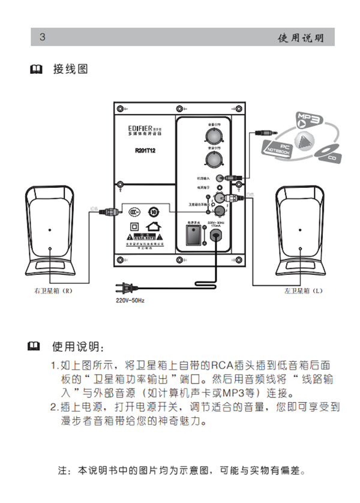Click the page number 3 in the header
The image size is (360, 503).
click(x=43, y=37)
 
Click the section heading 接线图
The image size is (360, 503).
click(x=71, y=70)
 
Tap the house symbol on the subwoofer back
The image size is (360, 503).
click(x=155, y=227)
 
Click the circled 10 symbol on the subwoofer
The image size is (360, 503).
click(x=154, y=211)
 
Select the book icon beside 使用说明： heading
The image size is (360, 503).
click(x=37, y=346)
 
